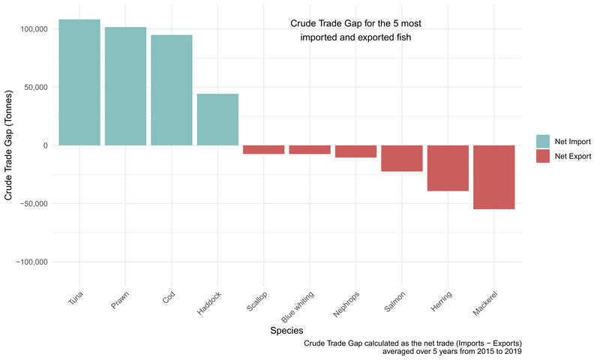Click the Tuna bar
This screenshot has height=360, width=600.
(79, 82)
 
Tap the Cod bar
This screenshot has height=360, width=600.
(171, 90)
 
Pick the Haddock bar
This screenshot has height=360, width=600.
(217, 119)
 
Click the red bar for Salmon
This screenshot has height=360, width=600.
(402, 158)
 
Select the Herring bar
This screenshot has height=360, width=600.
(448, 168)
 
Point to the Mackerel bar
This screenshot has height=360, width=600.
(494, 177)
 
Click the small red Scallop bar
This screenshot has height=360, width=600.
(263, 149)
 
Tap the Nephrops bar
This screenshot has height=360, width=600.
(355, 151)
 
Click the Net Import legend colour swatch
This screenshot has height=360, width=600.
(543, 140)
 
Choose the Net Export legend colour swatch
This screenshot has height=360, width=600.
(543, 156)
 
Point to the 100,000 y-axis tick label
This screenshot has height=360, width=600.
(30, 29)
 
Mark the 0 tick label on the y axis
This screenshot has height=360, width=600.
(45, 145)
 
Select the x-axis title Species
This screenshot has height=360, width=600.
(286, 329)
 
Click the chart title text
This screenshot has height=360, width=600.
(355, 30)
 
